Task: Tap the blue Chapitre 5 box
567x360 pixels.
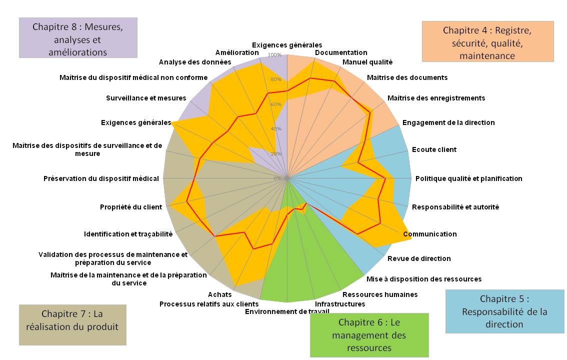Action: pyautogui.click(x=504, y=311)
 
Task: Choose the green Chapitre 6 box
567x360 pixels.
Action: pyautogui.click(x=369, y=334)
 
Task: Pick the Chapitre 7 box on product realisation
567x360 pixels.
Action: pyautogui.click(x=72, y=324)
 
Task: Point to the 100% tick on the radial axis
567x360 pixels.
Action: pyautogui.click(x=275, y=55)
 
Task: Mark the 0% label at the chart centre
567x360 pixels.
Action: pyautogui.click(x=278, y=178)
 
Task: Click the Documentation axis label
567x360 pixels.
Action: pyautogui.click(x=341, y=52)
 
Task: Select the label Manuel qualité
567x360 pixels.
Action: pyautogui.click(x=367, y=62)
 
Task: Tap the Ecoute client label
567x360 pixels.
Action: pyautogui.click(x=434, y=149)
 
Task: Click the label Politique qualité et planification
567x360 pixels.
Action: pyautogui.click(x=468, y=178)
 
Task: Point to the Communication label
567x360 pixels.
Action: pyautogui.click(x=430, y=234)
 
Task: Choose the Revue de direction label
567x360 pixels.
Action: pyautogui.click(x=419, y=258)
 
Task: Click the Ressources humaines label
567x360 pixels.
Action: pyautogui.click(x=379, y=294)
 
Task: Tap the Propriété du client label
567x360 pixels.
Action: pyautogui.click(x=131, y=207)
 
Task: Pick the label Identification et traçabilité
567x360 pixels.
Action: pyautogui.click(x=128, y=234)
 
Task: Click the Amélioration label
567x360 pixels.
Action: pyautogui.click(x=237, y=52)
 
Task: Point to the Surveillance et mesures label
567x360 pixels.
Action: pyautogui.click(x=146, y=98)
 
